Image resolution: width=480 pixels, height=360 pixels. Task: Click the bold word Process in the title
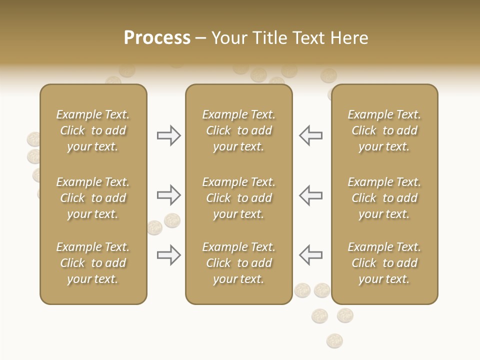[x=157, y=38]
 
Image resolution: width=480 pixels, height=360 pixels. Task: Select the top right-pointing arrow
[x=168, y=135]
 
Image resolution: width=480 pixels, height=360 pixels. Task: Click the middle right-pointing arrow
[x=168, y=195]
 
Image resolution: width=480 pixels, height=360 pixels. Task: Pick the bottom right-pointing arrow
[x=168, y=255]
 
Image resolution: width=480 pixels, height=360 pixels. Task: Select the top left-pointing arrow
[x=310, y=135]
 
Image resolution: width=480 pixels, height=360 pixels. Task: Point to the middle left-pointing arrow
[x=310, y=195]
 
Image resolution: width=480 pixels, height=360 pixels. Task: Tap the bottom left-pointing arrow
[x=310, y=255]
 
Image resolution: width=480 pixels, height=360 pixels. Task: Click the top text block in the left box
[x=93, y=130]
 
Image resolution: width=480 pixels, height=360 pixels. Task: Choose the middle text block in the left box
[x=93, y=198]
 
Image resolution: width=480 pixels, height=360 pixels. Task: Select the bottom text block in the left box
[x=93, y=263]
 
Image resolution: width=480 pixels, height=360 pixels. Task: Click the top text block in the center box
[x=238, y=130]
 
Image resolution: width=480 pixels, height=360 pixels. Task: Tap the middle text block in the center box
[x=238, y=198]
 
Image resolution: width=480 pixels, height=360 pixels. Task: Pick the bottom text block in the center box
[x=238, y=263]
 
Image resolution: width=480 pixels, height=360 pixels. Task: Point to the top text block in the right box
[x=384, y=130]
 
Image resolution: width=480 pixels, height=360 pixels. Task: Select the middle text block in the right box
[x=384, y=198]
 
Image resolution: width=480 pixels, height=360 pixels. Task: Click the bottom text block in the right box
[x=384, y=263]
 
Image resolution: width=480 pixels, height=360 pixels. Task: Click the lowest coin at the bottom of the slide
[x=334, y=341]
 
